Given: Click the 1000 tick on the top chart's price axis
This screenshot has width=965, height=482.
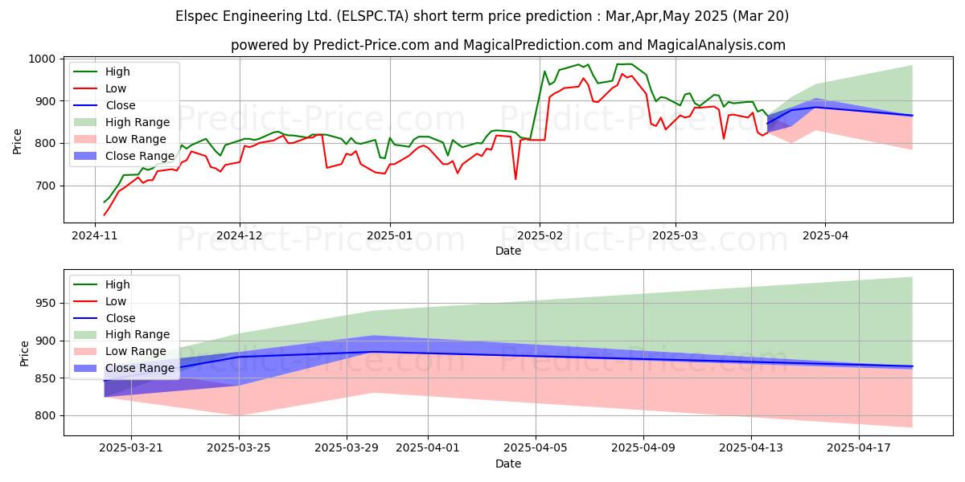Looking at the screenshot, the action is [42, 59].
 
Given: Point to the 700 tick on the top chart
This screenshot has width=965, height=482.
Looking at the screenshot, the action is [45, 186].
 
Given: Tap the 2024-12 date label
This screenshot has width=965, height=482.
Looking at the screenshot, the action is [239, 236].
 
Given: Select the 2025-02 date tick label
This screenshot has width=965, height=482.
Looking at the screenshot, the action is [540, 236].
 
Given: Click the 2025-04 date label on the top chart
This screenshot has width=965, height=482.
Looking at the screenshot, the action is [825, 236].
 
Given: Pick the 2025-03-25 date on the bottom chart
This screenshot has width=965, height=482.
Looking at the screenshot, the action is [239, 448].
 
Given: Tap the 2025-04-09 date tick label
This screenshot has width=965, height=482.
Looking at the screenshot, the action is [643, 448].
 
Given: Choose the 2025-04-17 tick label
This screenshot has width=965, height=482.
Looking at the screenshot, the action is [859, 448].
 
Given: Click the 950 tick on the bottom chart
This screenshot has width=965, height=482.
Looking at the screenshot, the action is [45, 304].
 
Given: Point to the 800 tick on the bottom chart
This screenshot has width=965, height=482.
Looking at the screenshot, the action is [45, 416].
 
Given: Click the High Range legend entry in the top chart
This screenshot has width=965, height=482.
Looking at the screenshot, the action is [122, 122].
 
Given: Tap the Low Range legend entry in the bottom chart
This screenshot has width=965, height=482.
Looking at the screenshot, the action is [120, 352].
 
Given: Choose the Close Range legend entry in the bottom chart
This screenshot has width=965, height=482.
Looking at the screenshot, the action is [124, 369].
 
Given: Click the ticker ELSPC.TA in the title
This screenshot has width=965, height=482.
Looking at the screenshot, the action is [372, 16].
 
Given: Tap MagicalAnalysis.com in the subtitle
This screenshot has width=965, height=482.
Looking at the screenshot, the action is [717, 45].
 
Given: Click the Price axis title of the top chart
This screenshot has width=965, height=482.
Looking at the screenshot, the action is [17, 141].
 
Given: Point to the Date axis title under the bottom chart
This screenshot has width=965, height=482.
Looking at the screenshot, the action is [508, 464].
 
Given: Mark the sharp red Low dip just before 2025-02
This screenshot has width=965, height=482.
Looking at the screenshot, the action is [515, 179].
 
